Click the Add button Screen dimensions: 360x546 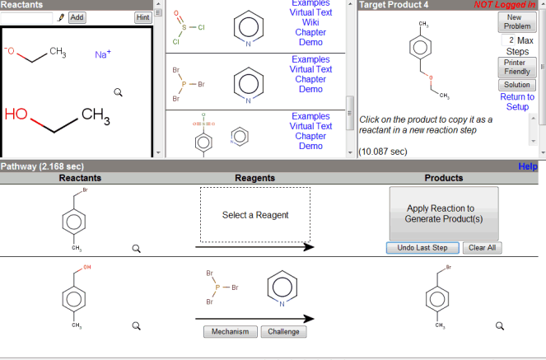click(77, 17)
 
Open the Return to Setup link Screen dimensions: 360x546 click(516, 101)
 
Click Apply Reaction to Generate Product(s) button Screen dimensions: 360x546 click(443, 213)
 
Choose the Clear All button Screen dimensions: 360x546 click(483, 248)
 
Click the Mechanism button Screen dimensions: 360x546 click(230, 332)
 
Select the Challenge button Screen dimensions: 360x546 click(282, 332)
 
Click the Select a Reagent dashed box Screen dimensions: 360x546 click(255, 215)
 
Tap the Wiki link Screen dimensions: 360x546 click(310, 22)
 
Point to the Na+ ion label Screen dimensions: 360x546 click(103, 54)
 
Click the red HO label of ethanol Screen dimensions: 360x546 click(16, 114)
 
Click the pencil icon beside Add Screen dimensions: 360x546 click(61, 17)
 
